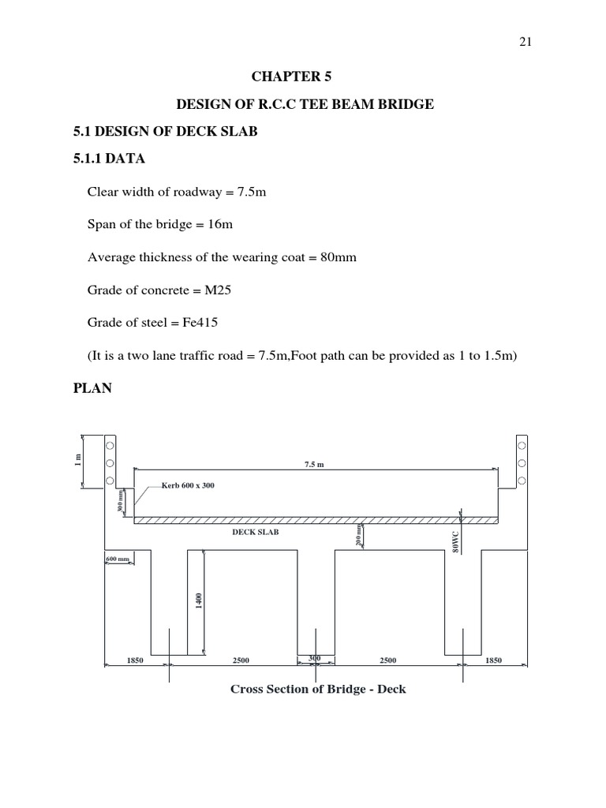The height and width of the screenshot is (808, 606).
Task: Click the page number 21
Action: click(525, 43)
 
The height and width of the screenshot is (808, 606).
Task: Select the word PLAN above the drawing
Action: click(93, 388)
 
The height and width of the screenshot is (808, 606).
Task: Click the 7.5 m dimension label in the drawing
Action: click(314, 465)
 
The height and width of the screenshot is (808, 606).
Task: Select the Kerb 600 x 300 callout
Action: click(188, 485)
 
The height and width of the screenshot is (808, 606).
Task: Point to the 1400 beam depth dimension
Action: click(200, 601)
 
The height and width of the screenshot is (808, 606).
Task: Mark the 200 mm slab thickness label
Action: click(359, 536)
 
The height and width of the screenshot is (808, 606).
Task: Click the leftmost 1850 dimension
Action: click(135, 660)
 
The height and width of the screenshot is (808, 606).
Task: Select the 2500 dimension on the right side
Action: click(388, 660)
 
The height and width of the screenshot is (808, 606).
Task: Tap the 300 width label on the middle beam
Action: click(315, 658)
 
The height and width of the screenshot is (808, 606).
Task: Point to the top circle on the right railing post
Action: click(522, 446)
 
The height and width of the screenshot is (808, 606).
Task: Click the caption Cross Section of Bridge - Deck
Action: click(318, 689)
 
